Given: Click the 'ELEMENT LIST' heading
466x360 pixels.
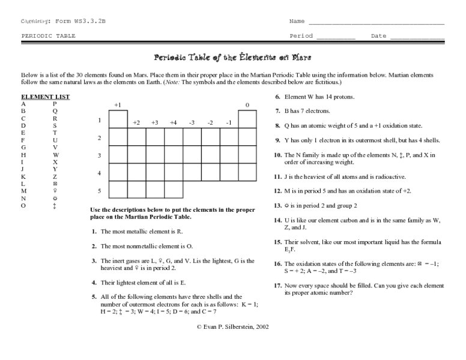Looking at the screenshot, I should (46, 97).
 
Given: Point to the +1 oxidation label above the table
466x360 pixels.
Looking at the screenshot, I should (118, 105).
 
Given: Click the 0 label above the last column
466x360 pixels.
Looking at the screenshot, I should (247, 105).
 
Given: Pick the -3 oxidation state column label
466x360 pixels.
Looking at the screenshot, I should (192, 122).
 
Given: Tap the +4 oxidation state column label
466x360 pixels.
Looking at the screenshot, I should (173, 122).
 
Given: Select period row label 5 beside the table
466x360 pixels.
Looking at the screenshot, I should (99, 191).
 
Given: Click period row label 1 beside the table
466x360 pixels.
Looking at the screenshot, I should (99, 121).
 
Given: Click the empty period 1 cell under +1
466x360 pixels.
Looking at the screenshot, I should (118, 119).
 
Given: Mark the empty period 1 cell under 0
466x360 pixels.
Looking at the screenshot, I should (247, 119).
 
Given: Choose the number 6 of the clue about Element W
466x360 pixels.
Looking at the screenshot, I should (277, 97).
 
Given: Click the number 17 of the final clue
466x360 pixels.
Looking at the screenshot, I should (278, 286).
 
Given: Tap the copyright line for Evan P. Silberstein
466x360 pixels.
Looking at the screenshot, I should (233, 327).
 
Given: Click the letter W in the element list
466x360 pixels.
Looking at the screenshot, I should (56, 154).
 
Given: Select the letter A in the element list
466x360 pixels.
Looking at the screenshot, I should (23, 104).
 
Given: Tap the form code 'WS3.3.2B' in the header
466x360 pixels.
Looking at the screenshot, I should (89, 21).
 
